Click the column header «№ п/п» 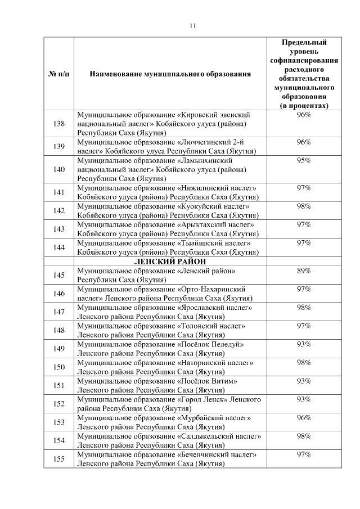(58, 74)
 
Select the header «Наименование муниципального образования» (170, 74)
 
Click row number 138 (58, 124)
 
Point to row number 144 (58, 248)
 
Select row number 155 (58, 459)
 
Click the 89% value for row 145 (304, 271)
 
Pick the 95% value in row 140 (304, 160)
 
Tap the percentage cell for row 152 (304, 399)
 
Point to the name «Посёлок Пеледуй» (210, 344)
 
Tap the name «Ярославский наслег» (214, 308)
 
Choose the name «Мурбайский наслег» (214, 418)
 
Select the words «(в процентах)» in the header (304, 106)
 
